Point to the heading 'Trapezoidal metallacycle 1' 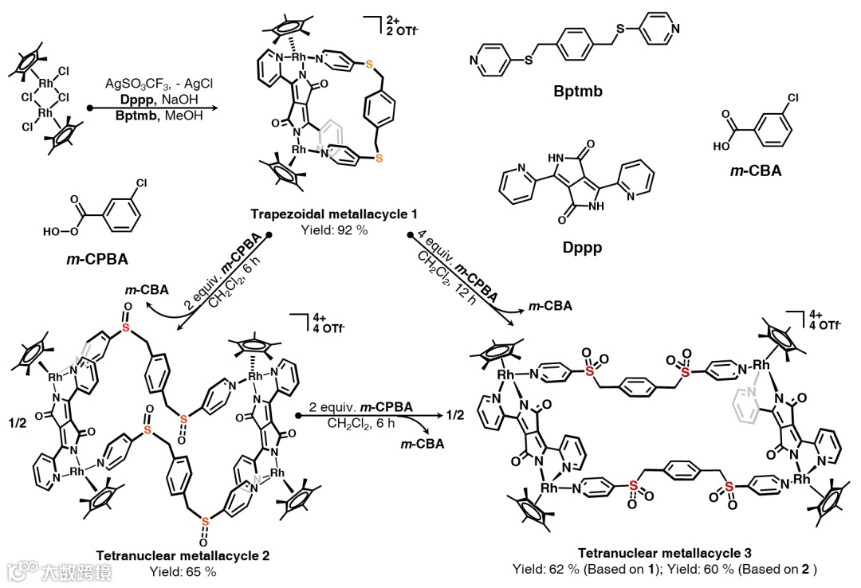334,216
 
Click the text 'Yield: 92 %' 334,230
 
